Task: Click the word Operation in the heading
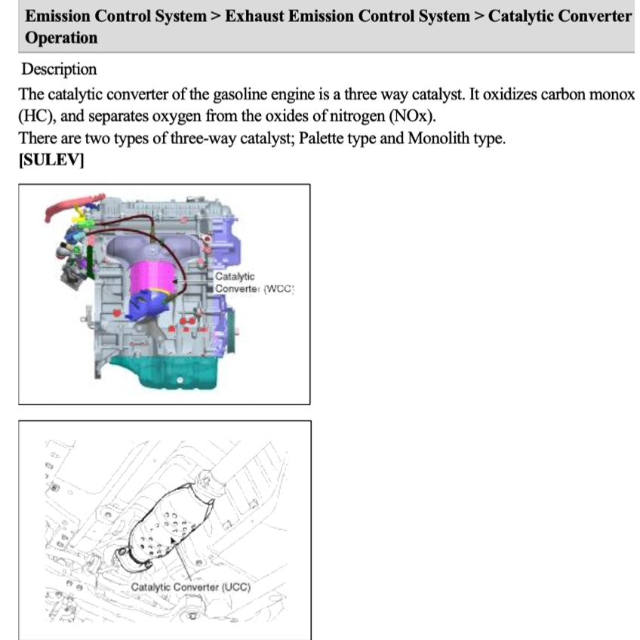click(x=61, y=38)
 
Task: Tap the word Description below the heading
click(x=59, y=69)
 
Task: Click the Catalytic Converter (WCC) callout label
click(x=253, y=282)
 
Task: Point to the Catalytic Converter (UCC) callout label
click(x=190, y=587)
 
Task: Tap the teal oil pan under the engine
click(x=166, y=372)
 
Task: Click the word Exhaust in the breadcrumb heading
click(x=255, y=16)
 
